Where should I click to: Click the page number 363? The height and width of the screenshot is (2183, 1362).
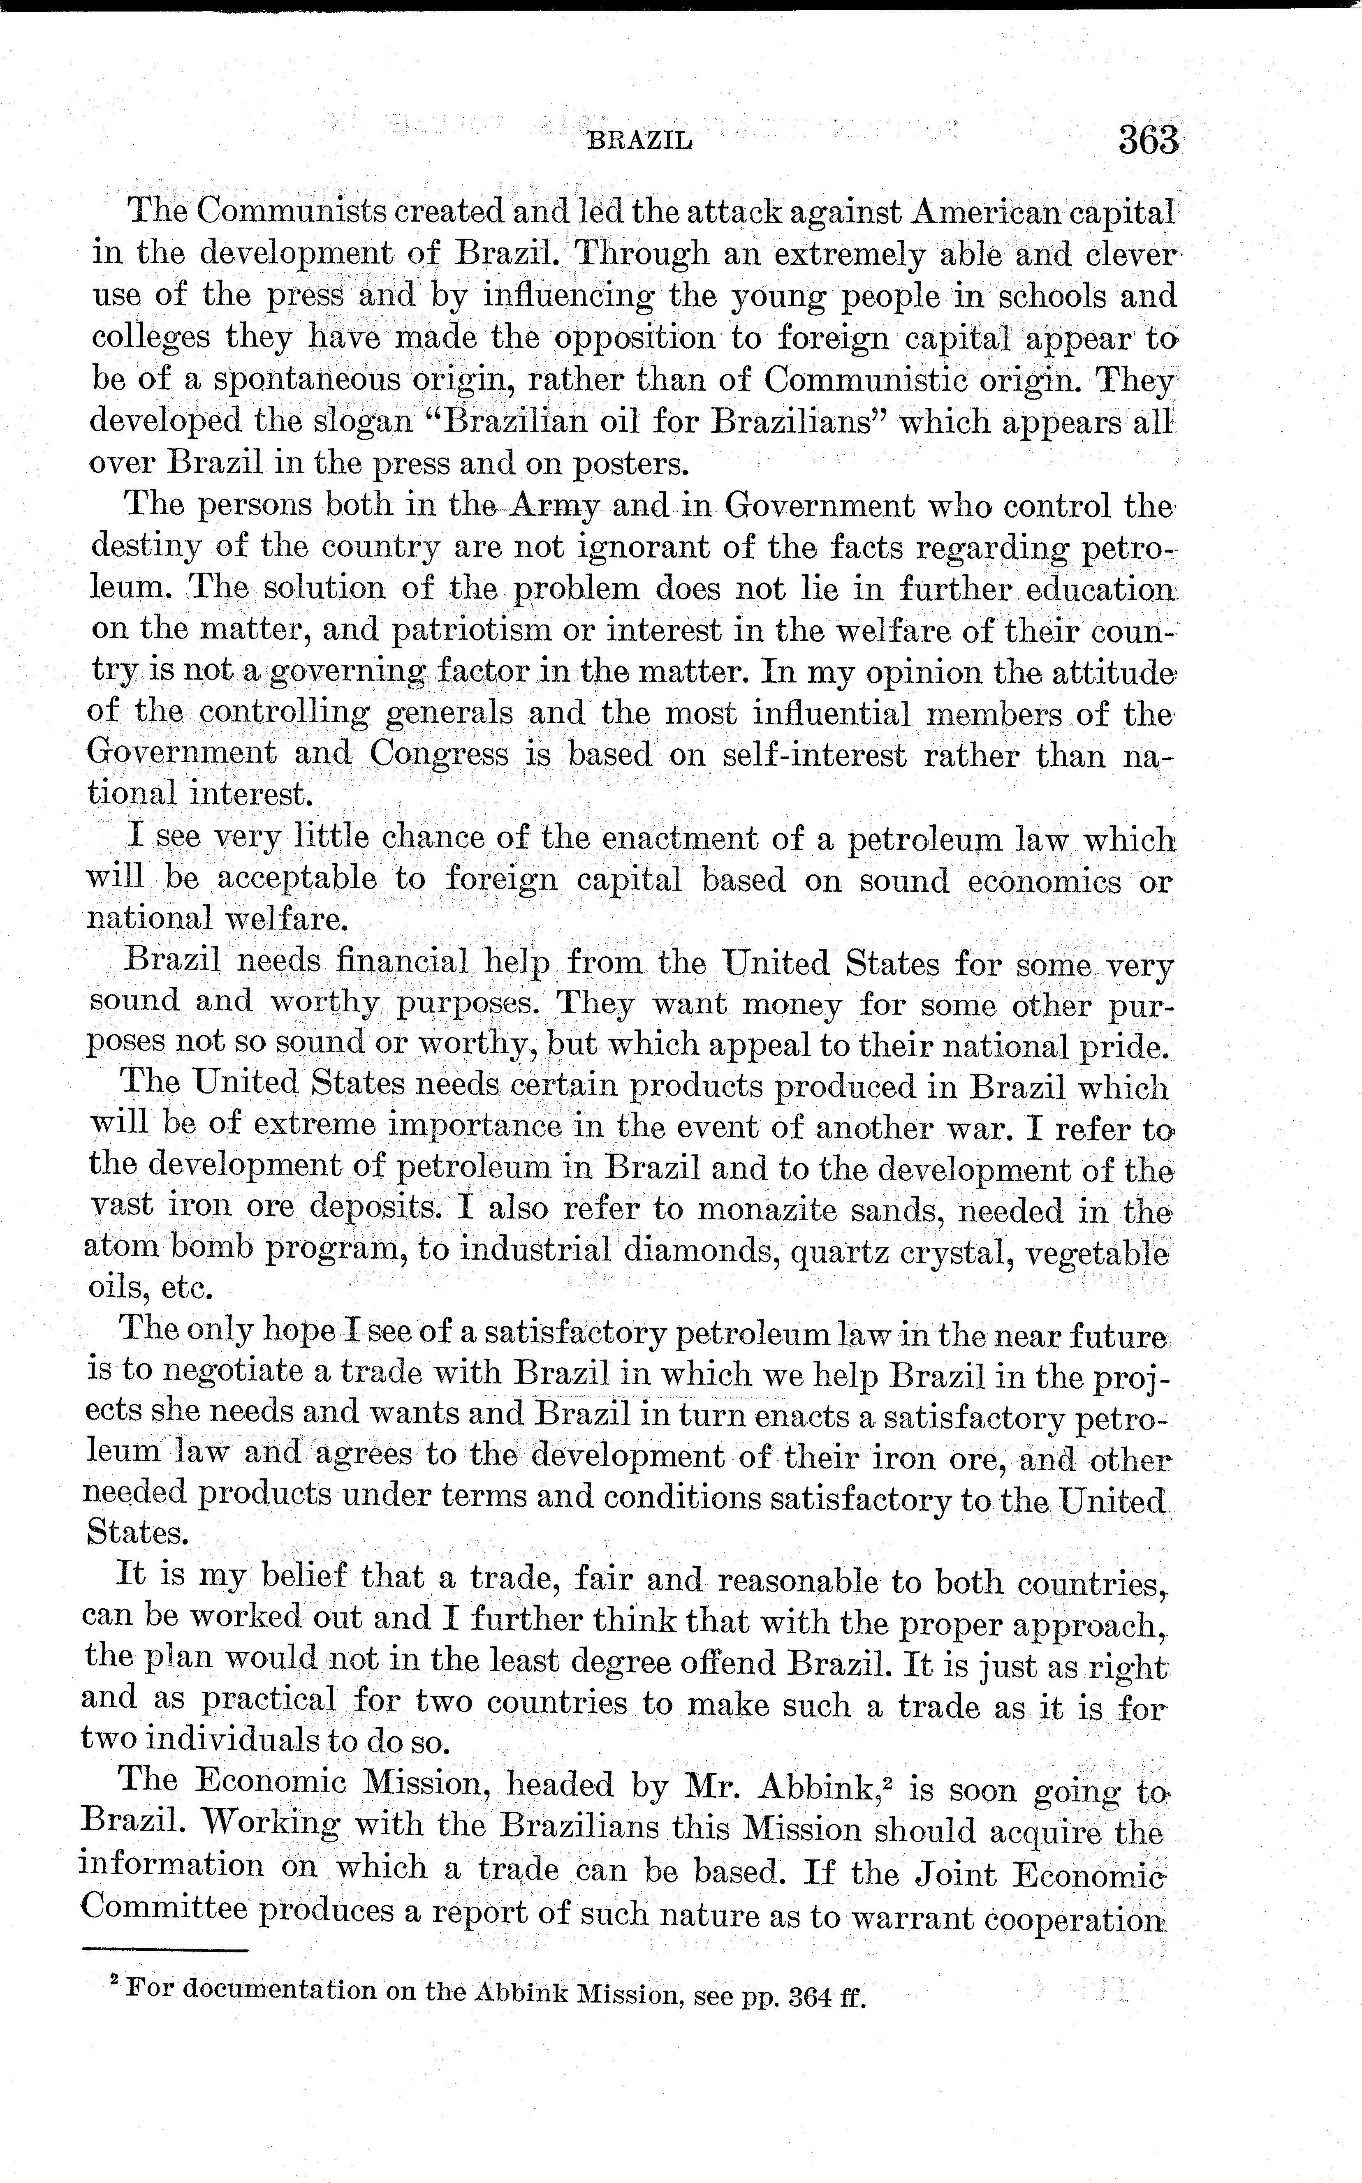point(1148,141)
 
